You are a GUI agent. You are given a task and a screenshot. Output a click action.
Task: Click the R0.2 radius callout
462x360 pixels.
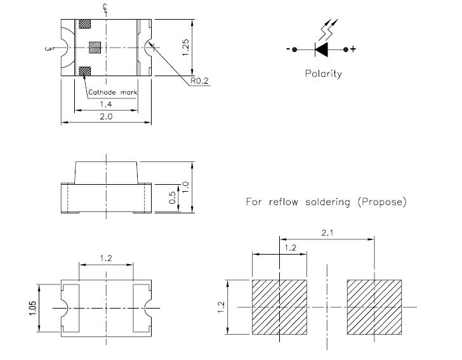pos(199,81)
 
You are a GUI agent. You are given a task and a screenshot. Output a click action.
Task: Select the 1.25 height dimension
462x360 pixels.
pos(185,47)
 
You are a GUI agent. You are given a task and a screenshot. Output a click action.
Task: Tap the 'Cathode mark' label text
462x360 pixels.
pos(112,92)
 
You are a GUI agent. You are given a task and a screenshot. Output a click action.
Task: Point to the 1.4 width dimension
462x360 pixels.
pos(106,104)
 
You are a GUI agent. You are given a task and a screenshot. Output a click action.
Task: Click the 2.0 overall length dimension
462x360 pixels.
pos(106,116)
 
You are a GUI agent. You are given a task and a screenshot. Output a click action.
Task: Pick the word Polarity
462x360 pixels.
pos(324,74)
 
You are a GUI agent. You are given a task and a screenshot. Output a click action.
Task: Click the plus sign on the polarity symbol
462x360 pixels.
pos(353,49)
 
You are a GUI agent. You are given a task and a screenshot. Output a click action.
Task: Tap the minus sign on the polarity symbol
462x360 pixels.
pos(288,49)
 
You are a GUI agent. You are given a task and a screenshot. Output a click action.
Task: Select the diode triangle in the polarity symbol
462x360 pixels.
pos(322,50)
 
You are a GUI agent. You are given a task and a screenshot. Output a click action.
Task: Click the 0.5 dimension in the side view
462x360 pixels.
pos(173,197)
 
